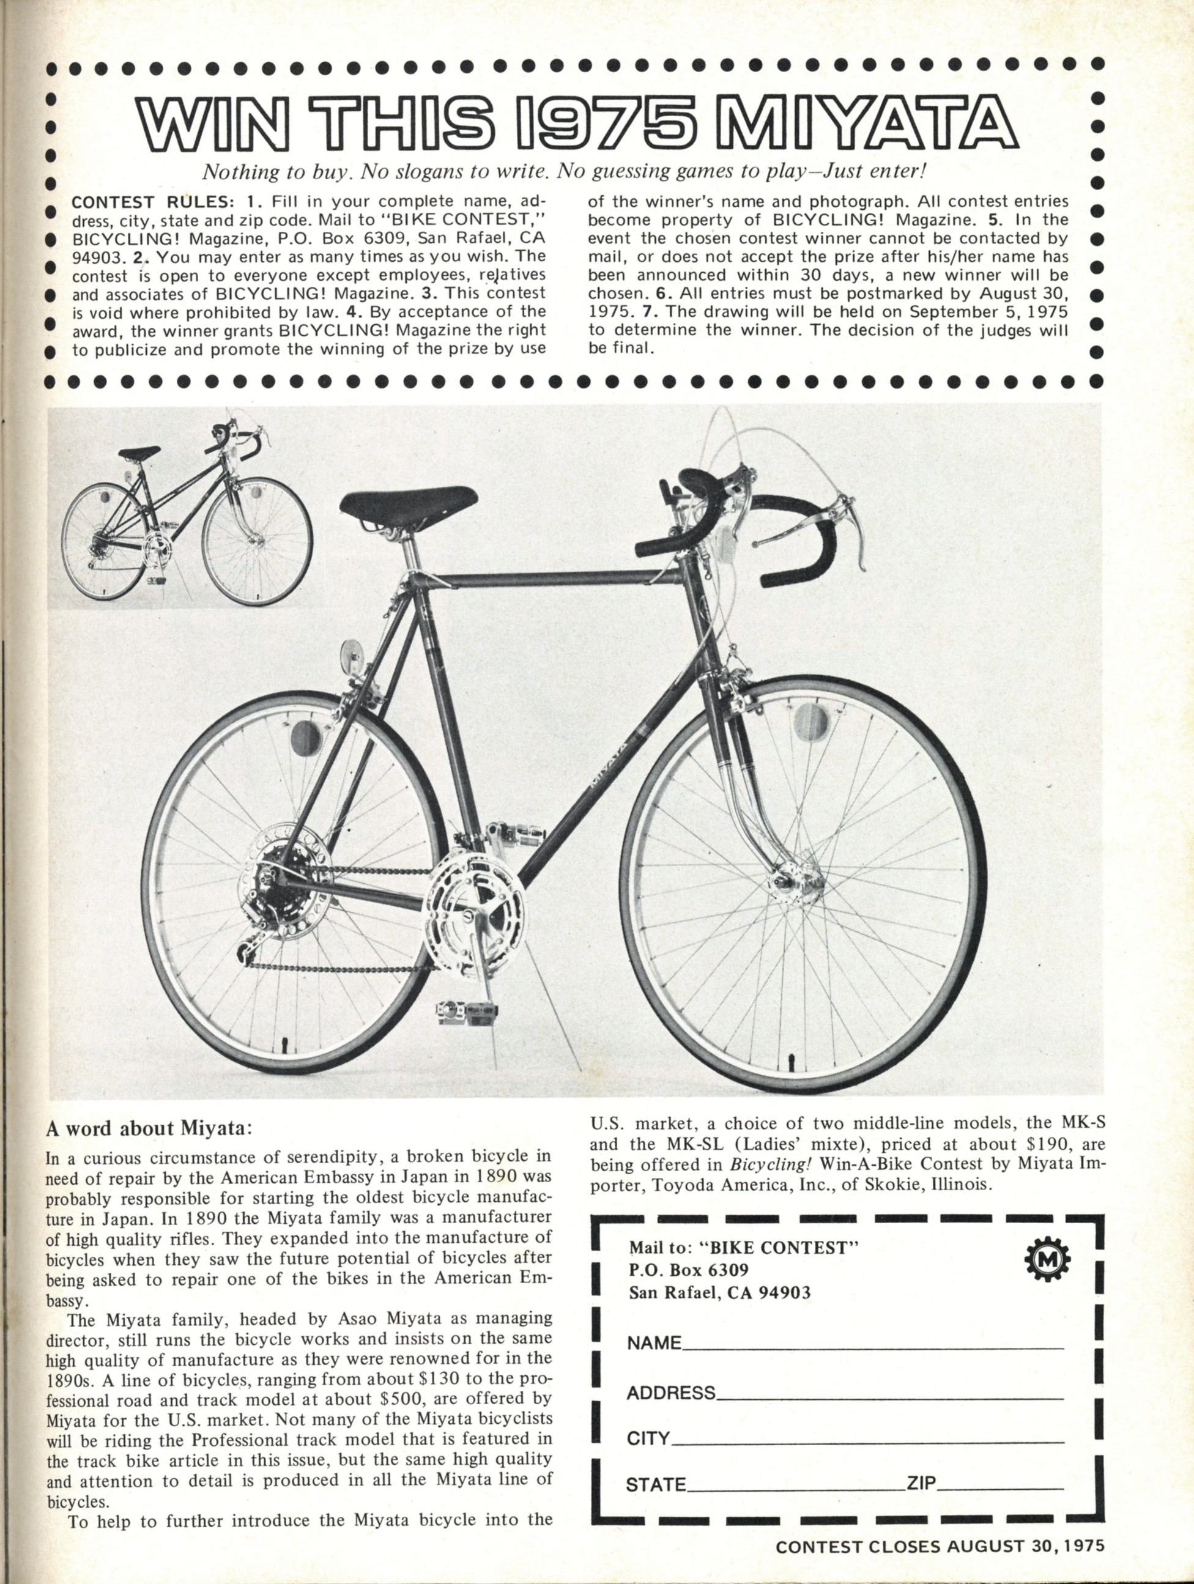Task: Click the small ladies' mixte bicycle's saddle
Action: [x=139, y=454]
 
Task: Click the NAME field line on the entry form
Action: [x=874, y=1348]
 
